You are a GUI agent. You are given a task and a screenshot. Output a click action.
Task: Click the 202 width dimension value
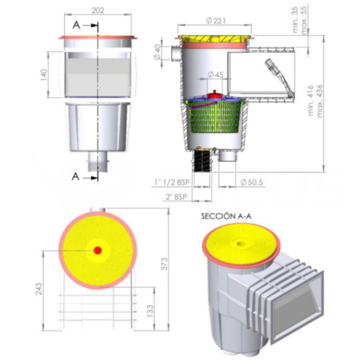click(x=98, y=10)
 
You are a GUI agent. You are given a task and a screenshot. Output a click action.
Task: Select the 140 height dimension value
click(x=44, y=74)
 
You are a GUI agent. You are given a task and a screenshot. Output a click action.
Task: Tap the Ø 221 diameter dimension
click(x=214, y=20)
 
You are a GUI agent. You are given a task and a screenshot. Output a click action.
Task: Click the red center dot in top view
click(x=98, y=251)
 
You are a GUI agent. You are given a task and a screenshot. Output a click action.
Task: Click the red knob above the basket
click(x=214, y=95)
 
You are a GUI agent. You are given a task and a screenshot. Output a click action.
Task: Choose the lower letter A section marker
click(x=76, y=177)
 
